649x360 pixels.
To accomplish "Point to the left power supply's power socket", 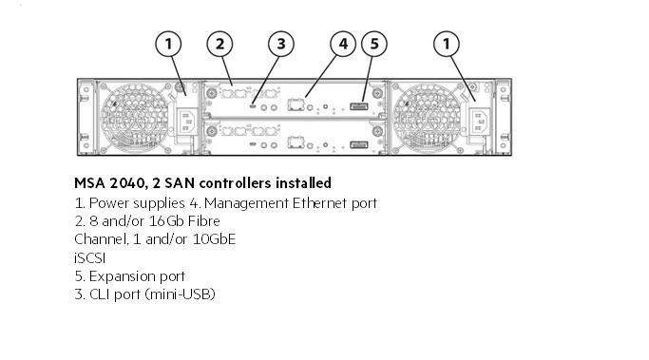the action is pyautogui.click(x=185, y=122).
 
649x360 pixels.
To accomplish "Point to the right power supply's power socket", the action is pyautogui.click(x=480, y=121).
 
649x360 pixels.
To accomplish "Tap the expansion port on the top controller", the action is pyautogui.click(x=359, y=106).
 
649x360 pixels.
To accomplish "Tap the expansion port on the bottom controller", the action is pyautogui.click(x=359, y=144).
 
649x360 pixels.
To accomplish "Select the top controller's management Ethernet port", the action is pyautogui.click(x=296, y=104).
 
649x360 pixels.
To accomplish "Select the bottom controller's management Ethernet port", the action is pyautogui.click(x=296, y=142).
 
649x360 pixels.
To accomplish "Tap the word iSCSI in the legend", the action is pyautogui.click(x=90, y=258).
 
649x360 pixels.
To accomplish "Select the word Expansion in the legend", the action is pyautogui.click(x=116, y=276).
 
